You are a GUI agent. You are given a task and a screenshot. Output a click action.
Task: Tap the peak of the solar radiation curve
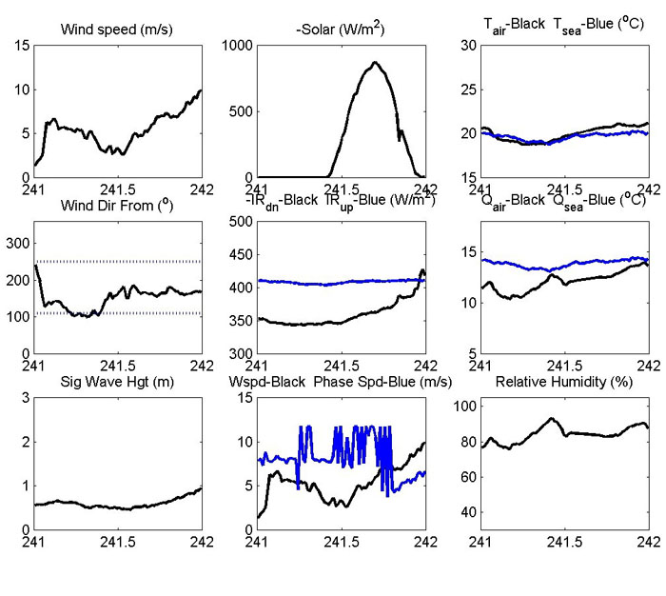(375, 63)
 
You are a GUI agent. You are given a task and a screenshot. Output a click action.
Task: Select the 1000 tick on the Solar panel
(238, 45)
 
